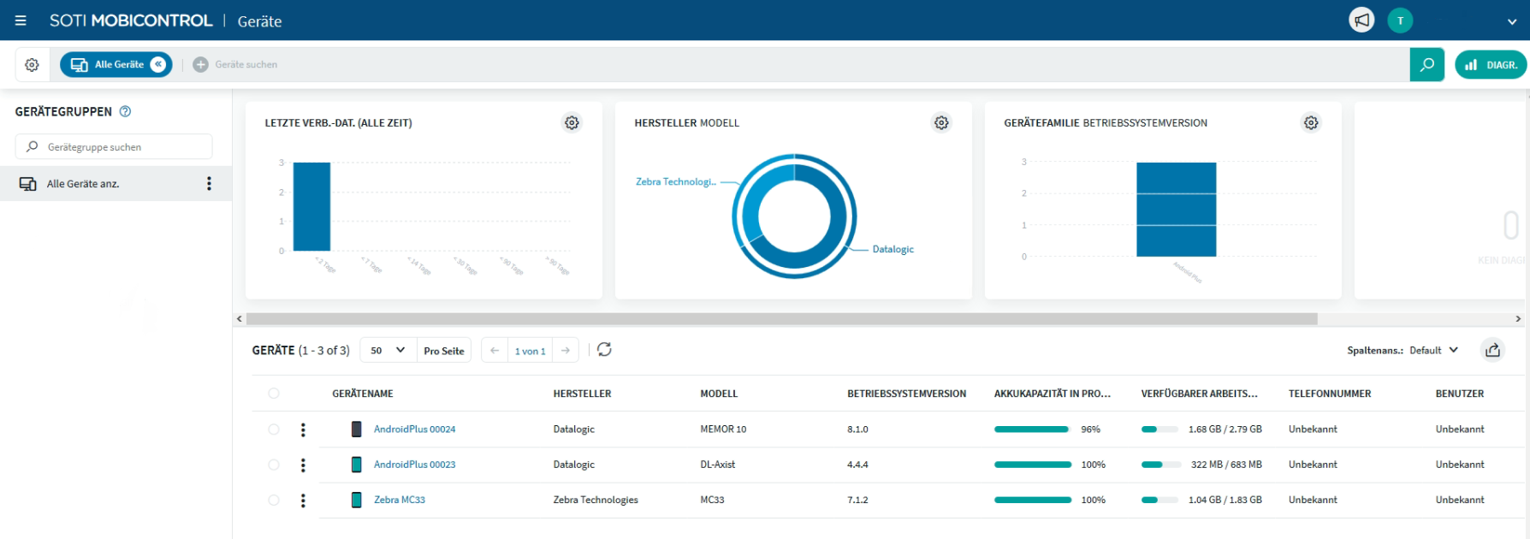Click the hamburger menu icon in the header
pos(21,21)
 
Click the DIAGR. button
pos(1491,65)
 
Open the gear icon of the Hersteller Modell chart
pos(941,123)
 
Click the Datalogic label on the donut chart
pos(892,249)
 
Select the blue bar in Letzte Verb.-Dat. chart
pos(311,206)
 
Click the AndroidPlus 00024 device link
pos(414,429)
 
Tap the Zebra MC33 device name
pos(399,500)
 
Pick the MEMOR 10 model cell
pos(723,429)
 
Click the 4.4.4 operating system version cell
pos(857,465)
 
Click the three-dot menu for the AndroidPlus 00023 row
pos(303,465)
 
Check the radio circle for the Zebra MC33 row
pos(274,500)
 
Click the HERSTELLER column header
pos(582,394)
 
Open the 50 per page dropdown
pos(388,351)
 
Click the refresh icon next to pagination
pos(604,350)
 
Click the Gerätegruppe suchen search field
pos(114,147)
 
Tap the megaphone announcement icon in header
pos(1361,21)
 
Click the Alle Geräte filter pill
pos(116,65)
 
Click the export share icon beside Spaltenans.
pos(1492,350)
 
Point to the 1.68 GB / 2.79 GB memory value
pos(1225,429)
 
